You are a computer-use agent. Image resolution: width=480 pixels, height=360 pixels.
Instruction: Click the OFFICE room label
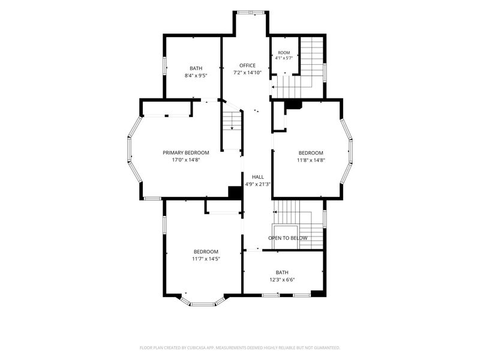pyautogui.click(x=247, y=65)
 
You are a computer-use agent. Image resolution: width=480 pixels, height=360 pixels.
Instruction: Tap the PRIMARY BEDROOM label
pyautogui.click(x=186, y=153)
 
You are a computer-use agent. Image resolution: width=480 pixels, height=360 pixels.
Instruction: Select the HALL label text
pyautogui.click(x=258, y=177)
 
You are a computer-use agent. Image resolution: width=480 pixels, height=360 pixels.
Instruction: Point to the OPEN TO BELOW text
pyautogui.click(x=288, y=238)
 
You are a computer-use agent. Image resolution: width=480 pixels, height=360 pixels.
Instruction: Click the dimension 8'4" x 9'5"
pyautogui.click(x=196, y=76)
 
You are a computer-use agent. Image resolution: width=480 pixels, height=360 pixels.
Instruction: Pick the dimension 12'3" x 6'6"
pyautogui.click(x=282, y=280)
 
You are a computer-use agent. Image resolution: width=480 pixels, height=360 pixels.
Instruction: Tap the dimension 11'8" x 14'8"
pyautogui.click(x=311, y=160)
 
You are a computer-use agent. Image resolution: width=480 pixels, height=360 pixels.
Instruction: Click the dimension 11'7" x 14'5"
pyautogui.click(x=206, y=259)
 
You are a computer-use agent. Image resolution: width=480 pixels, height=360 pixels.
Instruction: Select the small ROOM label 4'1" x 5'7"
pyautogui.click(x=284, y=55)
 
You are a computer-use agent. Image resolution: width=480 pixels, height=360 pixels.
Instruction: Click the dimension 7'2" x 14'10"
pyautogui.click(x=247, y=73)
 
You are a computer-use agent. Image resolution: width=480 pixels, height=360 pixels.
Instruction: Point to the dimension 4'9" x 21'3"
pyautogui.click(x=258, y=184)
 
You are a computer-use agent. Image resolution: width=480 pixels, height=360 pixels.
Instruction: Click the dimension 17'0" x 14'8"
pyautogui.click(x=186, y=160)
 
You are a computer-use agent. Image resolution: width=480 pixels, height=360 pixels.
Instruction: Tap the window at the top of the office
pyautogui.click(x=251, y=13)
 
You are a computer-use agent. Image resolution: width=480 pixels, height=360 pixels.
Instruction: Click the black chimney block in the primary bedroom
pyautogui.click(x=235, y=193)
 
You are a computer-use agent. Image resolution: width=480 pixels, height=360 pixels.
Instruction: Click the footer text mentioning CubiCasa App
pyautogui.click(x=239, y=348)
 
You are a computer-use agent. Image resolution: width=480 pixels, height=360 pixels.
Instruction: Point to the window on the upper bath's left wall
pyautogui.click(x=164, y=65)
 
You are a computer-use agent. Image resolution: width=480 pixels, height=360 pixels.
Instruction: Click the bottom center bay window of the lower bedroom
pyautogui.click(x=202, y=304)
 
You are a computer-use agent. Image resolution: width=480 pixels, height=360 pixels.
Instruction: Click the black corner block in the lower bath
pyautogui.click(x=318, y=293)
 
